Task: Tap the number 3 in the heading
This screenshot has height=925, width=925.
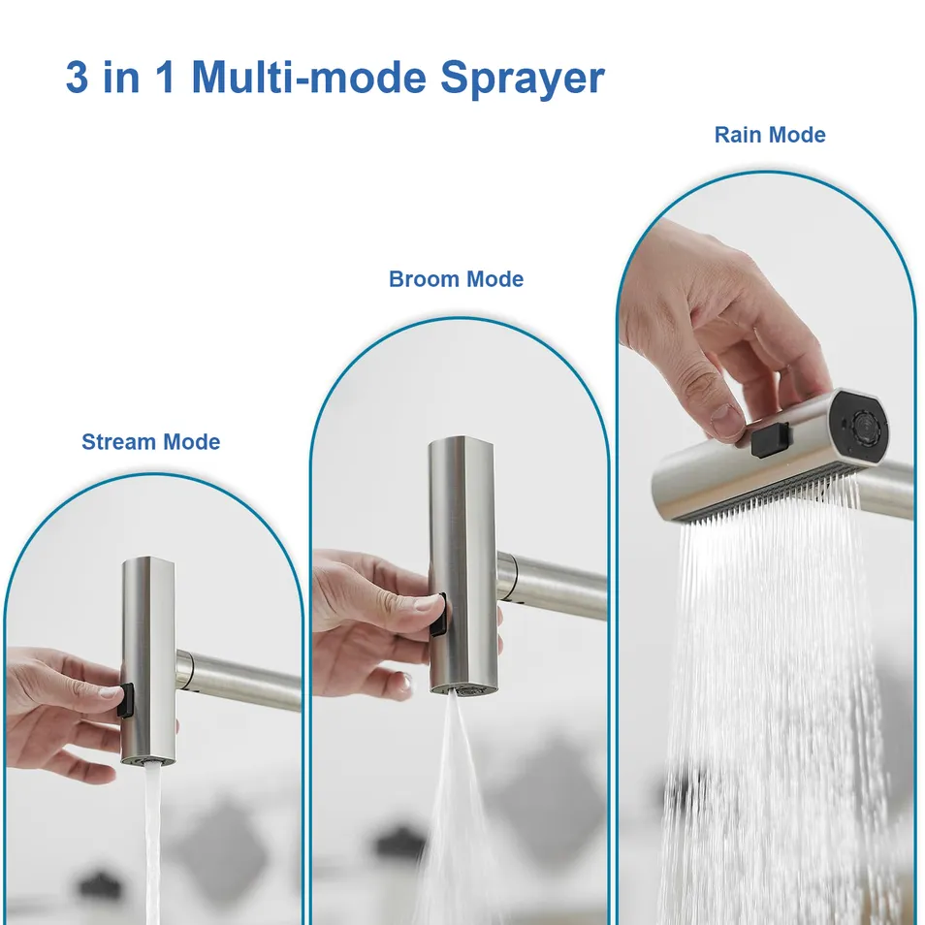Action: pyautogui.click(x=77, y=78)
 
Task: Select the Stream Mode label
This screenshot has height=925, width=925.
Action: pyautogui.click(x=150, y=442)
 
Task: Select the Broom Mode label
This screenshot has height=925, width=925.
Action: pyautogui.click(x=456, y=279)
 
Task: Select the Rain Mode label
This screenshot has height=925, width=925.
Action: pyautogui.click(x=770, y=135)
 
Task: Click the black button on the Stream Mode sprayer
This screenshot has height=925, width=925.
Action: pyautogui.click(x=125, y=700)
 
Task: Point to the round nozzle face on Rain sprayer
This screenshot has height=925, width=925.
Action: pyautogui.click(x=861, y=427)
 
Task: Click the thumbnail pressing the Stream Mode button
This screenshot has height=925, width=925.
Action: pyautogui.click(x=109, y=691)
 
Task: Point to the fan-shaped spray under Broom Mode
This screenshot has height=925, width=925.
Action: pyautogui.click(x=451, y=824)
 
